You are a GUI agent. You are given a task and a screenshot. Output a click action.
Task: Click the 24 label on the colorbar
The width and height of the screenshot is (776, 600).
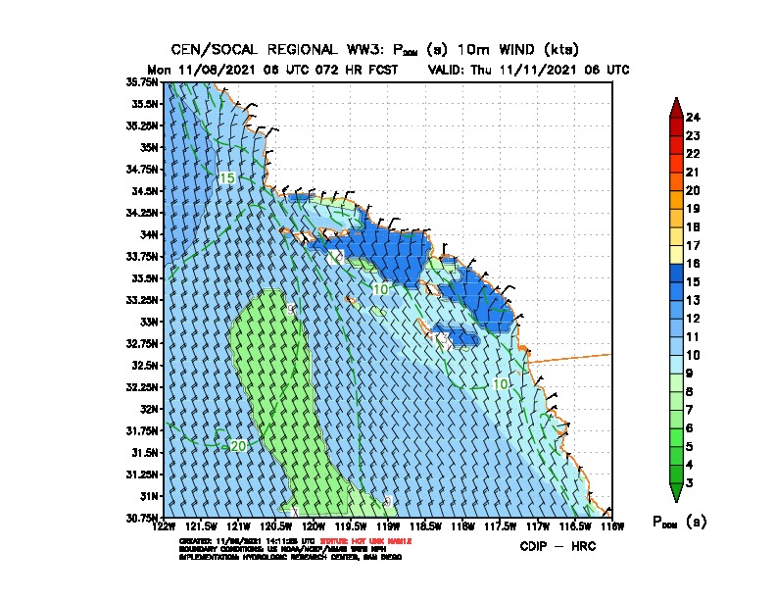[693, 118]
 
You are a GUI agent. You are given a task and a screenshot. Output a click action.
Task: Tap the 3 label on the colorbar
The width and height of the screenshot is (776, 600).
[690, 482]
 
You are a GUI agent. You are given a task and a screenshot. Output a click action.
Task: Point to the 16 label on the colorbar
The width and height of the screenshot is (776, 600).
[693, 264]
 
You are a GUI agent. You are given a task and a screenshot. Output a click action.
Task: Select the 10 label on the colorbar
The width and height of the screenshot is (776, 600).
[693, 355]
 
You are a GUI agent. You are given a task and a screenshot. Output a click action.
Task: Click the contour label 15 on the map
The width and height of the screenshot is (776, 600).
[226, 178]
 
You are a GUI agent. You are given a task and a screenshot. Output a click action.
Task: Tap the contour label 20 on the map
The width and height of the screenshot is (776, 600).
[237, 446]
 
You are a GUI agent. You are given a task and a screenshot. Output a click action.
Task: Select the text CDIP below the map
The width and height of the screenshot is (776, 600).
[535, 546]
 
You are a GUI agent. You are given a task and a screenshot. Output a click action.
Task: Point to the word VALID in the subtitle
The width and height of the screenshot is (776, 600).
[451, 70]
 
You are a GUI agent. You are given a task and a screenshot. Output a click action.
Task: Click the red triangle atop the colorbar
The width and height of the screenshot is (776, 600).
[676, 106]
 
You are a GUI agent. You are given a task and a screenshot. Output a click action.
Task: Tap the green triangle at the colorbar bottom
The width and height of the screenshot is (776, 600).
[676, 493]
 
